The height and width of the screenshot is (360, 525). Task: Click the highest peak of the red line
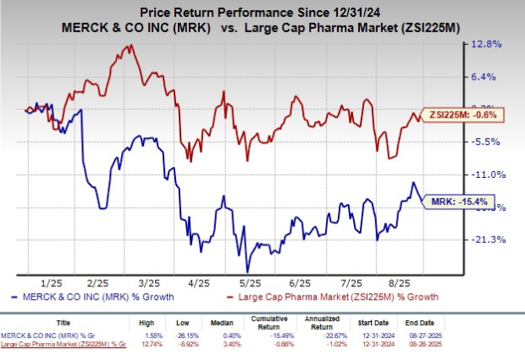(x=129, y=46)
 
